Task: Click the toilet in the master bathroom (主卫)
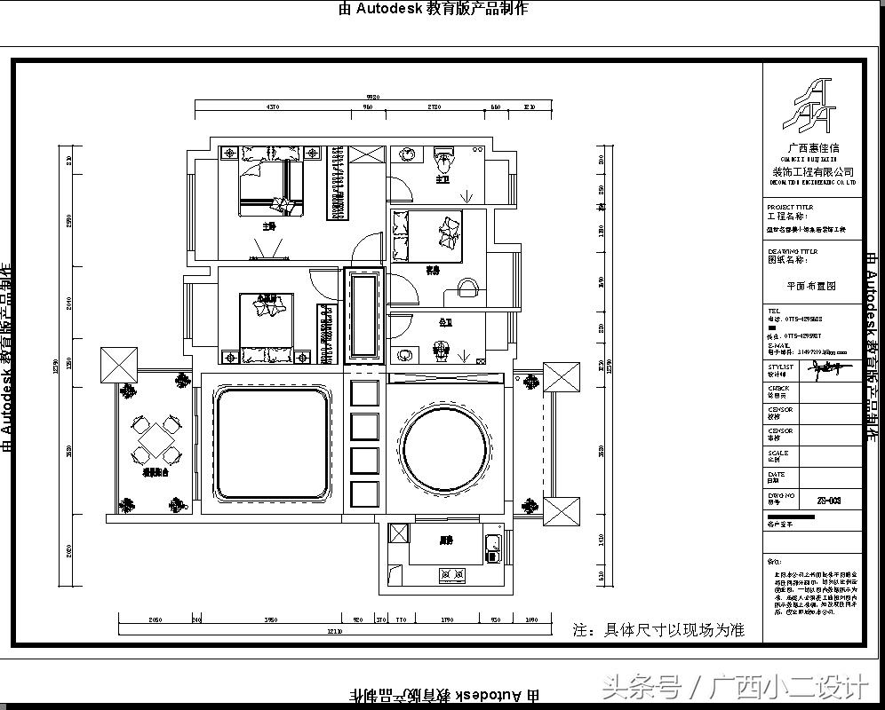pos(444,162)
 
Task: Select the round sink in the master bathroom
pos(408,154)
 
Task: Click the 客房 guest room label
pos(433,270)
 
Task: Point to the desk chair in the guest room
pos(467,289)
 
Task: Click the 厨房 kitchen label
pos(446,540)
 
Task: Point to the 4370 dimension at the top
pos(273,107)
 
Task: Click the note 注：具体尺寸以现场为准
pos(658,630)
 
